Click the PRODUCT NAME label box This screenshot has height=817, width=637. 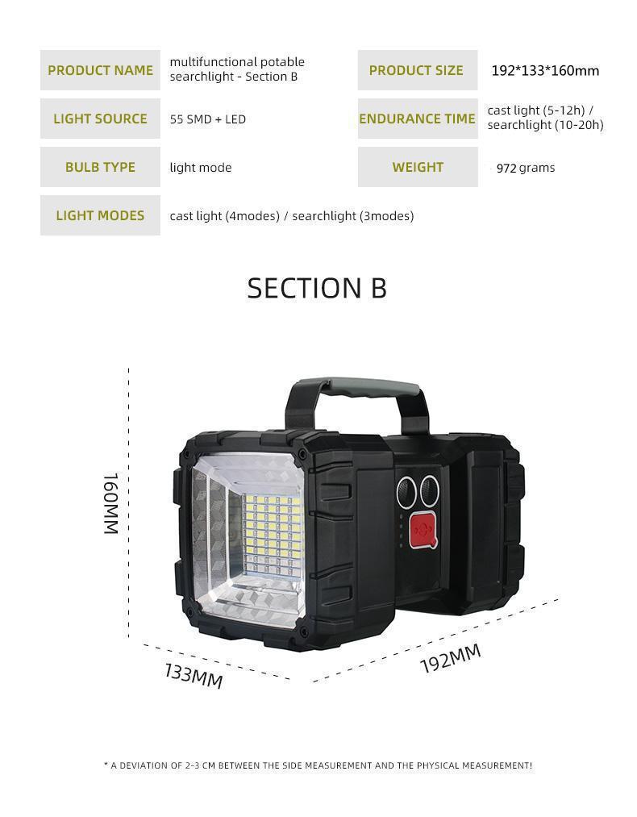click(100, 70)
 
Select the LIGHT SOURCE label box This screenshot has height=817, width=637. click(100, 119)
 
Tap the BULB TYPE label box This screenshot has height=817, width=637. click(100, 167)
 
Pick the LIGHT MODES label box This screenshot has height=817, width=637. click(100, 215)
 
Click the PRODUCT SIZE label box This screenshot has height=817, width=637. click(417, 70)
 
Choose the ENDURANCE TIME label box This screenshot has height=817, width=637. click(417, 119)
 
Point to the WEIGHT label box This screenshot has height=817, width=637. click(417, 167)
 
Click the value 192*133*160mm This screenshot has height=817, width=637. click(545, 71)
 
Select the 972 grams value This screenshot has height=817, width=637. click(525, 168)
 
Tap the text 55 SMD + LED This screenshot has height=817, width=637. click(207, 119)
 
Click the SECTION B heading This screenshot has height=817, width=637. click(317, 288)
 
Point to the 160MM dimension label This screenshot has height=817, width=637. click(111, 503)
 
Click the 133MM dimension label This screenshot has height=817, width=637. click(194, 675)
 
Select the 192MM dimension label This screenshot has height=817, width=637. click(450, 659)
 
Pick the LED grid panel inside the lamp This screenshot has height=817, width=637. click(272, 534)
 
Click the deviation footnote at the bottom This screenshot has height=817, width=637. click(318, 765)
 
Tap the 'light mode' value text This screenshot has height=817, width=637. click(201, 168)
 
